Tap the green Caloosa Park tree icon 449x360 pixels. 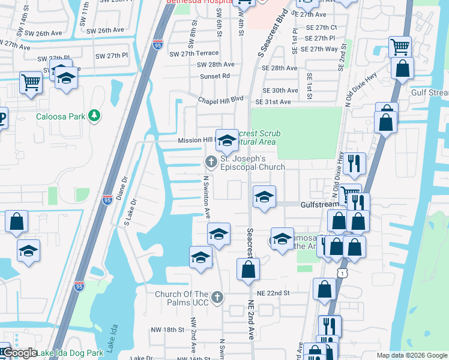pos(94,115)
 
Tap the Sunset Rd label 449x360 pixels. pos(215,76)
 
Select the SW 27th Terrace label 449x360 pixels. pos(194,53)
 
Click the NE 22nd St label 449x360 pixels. pos(273,293)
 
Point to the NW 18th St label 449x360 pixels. pos(166,330)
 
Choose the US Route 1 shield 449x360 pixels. pos(341,272)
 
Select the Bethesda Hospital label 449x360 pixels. pos(194,2)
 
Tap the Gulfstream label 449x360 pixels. pos(319,205)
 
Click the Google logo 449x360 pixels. pos(19,353)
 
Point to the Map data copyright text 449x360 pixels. pos(411,355)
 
